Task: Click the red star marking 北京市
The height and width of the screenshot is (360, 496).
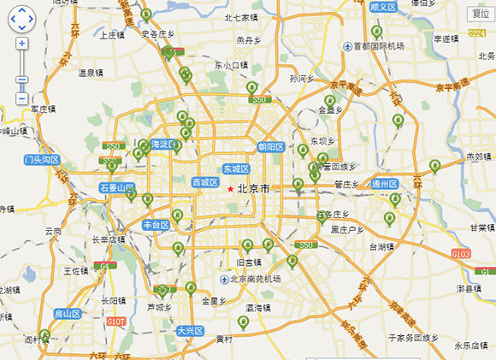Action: (230, 188)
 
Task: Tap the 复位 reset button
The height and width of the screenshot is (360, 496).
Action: (480, 14)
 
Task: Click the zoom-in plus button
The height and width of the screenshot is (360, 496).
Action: (21, 43)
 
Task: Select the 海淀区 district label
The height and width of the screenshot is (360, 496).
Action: (163, 144)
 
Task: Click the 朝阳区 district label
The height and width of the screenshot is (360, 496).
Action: (270, 147)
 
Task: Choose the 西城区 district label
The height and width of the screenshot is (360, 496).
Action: (205, 182)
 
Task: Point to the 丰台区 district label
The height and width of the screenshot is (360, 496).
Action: (156, 225)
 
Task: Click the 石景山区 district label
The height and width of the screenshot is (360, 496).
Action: (116, 186)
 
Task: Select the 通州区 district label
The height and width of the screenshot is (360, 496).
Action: (385, 184)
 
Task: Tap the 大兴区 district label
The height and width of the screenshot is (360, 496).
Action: (189, 330)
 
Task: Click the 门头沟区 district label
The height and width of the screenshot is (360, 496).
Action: (42, 160)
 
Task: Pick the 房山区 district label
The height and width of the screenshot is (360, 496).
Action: (68, 314)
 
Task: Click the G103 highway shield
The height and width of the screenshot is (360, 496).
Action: (462, 254)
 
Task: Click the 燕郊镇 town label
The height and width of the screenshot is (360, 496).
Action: (479, 156)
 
